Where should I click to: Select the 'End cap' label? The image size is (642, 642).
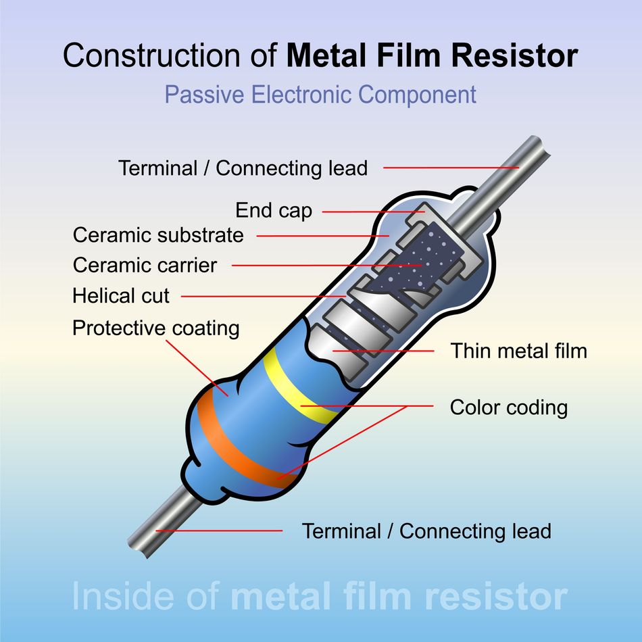(x=274, y=211)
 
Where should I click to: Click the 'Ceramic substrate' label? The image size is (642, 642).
(x=158, y=235)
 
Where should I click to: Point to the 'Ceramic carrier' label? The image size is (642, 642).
(x=145, y=265)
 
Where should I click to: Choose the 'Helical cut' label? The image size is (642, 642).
(x=121, y=296)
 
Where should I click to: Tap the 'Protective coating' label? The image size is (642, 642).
(x=155, y=328)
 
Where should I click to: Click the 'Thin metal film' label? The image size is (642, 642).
(x=519, y=351)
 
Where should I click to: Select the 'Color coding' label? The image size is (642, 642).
(x=508, y=408)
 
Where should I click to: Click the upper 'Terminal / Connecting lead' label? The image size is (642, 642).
(x=243, y=168)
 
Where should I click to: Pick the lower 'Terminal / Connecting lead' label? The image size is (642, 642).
(x=426, y=530)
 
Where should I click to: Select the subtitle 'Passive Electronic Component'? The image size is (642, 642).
(x=320, y=95)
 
